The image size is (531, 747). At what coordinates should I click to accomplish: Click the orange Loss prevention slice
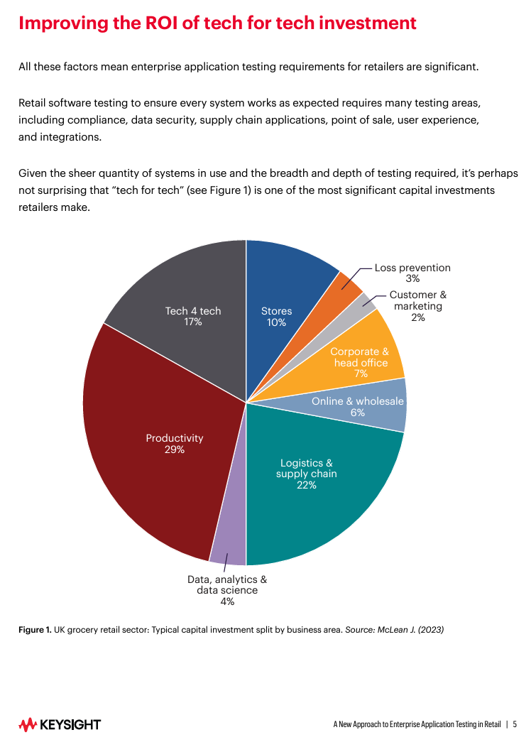[349, 283]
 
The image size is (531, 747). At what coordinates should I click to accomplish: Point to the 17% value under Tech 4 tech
[193, 322]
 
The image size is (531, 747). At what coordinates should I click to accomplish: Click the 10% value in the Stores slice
[276, 322]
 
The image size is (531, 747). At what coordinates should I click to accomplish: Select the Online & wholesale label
[358, 401]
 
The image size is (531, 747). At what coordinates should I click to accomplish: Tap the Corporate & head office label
[361, 357]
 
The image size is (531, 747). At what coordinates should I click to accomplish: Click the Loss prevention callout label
[412, 268]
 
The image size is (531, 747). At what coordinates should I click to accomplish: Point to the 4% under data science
[227, 601]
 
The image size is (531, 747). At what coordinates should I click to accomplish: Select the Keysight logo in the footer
[60, 724]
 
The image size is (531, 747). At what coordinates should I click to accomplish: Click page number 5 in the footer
[515, 725]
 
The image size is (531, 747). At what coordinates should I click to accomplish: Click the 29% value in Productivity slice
[175, 449]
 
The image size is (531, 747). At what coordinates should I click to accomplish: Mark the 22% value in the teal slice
[307, 485]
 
